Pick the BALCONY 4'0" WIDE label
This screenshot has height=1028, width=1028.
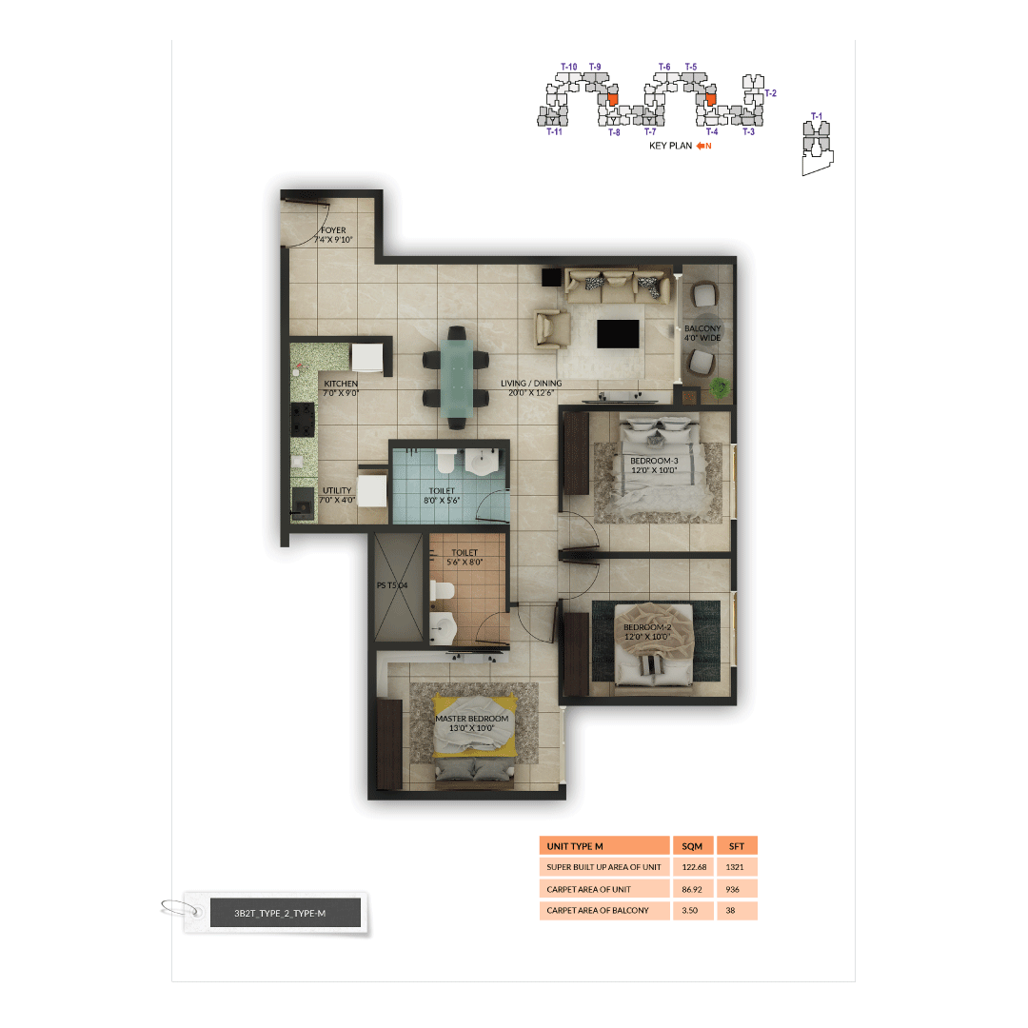pos(702,334)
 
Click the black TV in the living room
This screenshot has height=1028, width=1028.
pos(618,334)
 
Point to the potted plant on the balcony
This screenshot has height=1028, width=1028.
pos(721,387)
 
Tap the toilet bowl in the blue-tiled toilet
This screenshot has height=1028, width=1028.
pos(444,463)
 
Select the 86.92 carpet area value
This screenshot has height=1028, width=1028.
pos(692,889)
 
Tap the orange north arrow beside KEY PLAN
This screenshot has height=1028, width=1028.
pos(702,146)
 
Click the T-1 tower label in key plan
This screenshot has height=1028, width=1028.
pos(816,116)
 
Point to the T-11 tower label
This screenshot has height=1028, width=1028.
pos(555,132)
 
